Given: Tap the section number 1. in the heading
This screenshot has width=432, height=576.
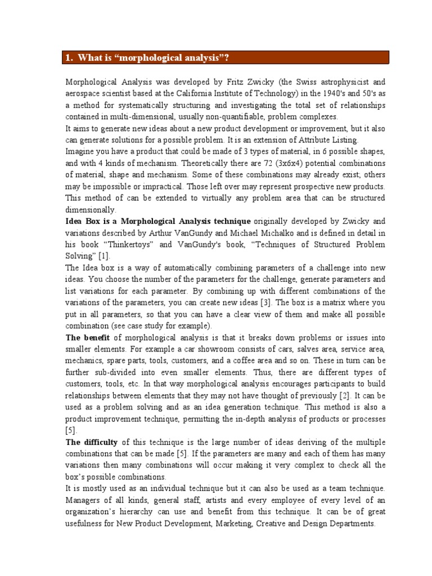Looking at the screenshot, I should [x=69, y=58].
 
